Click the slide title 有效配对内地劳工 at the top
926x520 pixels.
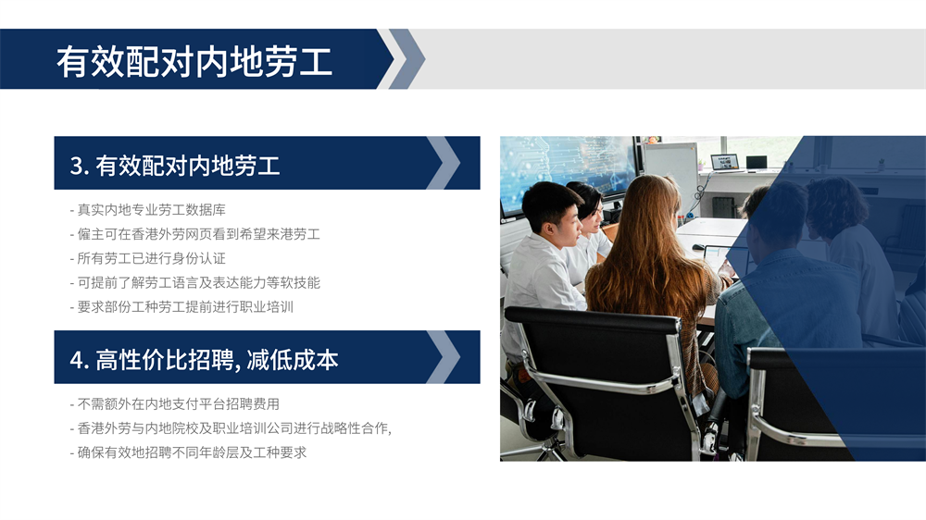click(194, 61)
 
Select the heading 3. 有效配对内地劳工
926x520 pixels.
click(175, 166)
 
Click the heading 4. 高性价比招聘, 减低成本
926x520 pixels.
click(204, 359)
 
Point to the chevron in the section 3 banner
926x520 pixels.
click(444, 163)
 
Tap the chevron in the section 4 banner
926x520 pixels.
click(444, 357)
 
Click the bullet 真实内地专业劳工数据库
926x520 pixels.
click(147, 210)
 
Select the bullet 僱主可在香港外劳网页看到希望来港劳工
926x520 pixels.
click(194, 234)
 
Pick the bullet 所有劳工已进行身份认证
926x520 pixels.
click(147, 258)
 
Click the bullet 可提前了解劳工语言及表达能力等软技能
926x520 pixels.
click(194, 283)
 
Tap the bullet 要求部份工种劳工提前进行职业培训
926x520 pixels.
click(181, 307)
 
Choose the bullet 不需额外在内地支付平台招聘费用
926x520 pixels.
click(175, 404)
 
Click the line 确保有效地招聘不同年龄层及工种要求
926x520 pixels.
click(188, 452)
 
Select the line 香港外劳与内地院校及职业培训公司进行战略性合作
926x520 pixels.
click(231, 428)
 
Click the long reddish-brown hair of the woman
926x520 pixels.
click(646, 254)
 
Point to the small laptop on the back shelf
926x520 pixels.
click(725, 162)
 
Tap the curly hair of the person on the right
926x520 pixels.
click(837, 204)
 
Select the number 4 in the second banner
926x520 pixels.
click(76, 360)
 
